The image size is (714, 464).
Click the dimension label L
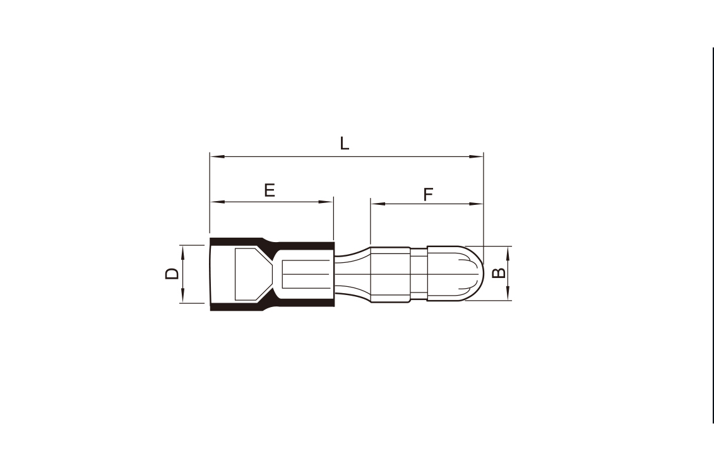345,143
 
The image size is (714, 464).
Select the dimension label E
270,190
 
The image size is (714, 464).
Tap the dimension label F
428,194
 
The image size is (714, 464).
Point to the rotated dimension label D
172,274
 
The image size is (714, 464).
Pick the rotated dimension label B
499,273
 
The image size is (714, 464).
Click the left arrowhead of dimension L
217,156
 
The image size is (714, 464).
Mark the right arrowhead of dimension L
476,156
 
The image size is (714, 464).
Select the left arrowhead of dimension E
218,202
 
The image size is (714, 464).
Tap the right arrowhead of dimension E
326,202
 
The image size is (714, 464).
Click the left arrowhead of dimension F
378,204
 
